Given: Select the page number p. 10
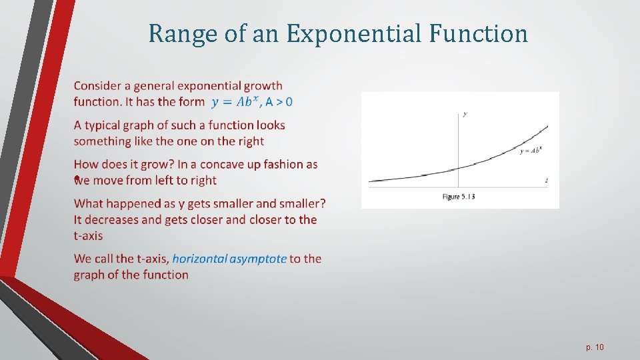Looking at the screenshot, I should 595,347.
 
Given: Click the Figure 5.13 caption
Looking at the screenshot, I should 459,197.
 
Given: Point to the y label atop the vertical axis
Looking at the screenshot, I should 465,114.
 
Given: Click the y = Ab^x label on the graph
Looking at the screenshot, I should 531,151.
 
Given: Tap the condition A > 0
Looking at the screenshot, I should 279,102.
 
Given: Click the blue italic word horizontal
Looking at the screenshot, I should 199,259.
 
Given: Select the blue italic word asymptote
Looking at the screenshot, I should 258,259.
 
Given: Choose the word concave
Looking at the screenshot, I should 223,164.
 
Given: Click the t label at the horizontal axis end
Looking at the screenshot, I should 547,180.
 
